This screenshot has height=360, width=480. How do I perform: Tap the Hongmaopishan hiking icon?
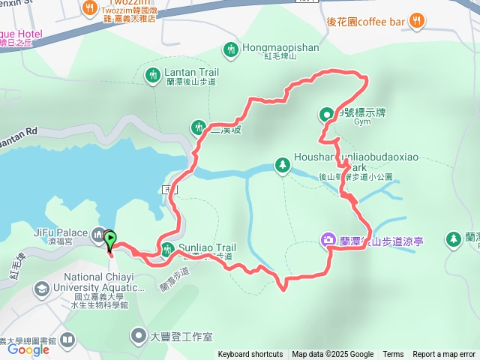[230, 50]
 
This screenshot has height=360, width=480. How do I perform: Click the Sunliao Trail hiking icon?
[166, 248]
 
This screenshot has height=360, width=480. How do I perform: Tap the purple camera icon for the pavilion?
[328, 240]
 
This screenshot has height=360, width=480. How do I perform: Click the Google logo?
[28, 349]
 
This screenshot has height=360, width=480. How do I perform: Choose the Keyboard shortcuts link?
[250, 355]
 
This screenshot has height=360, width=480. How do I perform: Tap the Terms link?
[393, 355]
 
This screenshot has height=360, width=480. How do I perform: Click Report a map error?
[444, 355]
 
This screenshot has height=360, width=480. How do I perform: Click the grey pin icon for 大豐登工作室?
[139, 335]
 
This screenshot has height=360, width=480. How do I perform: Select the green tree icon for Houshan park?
[283, 163]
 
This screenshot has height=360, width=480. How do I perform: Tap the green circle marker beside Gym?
[327, 115]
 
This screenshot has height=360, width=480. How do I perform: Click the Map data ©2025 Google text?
[333, 355]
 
